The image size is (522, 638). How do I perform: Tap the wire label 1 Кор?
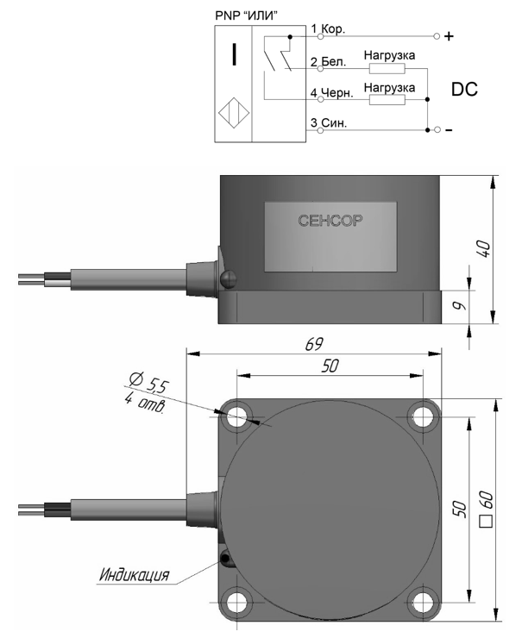click(x=328, y=29)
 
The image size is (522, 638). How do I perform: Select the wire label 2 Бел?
click(x=328, y=62)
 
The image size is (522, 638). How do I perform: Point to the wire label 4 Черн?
click(x=332, y=93)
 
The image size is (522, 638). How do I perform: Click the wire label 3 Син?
click(x=329, y=123)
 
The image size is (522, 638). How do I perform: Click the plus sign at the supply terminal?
click(x=449, y=36)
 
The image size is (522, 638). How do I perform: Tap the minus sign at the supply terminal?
click(x=449, y=130)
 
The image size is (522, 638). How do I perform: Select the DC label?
click(x=464, y=89)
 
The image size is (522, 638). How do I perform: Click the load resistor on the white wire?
click(x=387, y=69)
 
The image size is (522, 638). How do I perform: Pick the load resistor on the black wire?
click(x=387, y=100)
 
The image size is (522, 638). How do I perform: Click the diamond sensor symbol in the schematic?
click(x=234, y=113)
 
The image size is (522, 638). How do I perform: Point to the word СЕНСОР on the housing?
click(x=330, y=220)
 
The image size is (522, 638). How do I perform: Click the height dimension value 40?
click(x=484, y=248)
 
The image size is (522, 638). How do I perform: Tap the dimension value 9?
click(x=460, y=305)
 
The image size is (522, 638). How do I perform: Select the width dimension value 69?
click(x=313, y=345)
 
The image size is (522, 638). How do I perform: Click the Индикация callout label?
click(x=135, y=574)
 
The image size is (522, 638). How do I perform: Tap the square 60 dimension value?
click(x=487, y=510)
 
